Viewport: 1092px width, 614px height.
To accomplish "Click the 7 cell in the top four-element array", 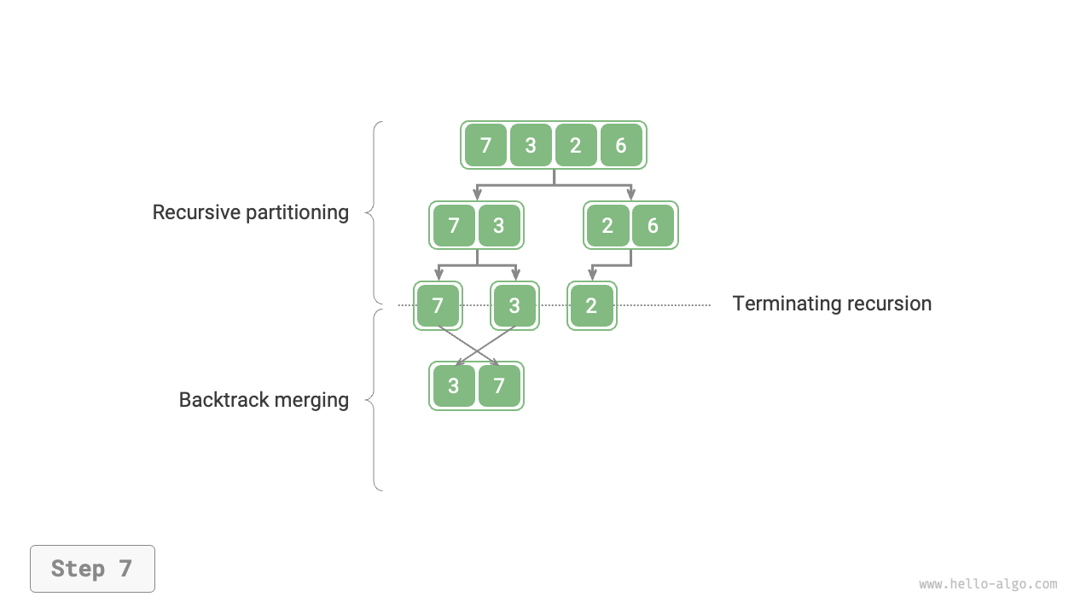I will [485, 145].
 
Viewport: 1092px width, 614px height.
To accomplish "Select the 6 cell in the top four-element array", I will [621, 145].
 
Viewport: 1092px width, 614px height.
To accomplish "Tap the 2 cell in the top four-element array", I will [576, 145].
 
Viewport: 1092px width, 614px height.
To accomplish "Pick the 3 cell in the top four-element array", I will [531, 145].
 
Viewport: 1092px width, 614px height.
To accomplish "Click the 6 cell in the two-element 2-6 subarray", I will [653, 225].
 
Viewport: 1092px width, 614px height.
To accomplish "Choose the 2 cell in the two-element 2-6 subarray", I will [607, 225].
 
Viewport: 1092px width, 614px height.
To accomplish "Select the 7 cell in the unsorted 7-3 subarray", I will [454, 225].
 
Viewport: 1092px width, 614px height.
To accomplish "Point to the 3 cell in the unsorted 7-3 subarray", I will [499, 225].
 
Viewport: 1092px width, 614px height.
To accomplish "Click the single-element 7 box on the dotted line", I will [438, 305].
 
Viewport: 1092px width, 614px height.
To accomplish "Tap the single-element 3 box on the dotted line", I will [514, 305].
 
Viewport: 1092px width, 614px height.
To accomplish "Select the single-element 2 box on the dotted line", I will [591, 305].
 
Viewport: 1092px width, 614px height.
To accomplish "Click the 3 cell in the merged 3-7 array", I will [454, 385].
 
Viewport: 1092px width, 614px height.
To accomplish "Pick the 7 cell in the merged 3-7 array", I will [499, 385].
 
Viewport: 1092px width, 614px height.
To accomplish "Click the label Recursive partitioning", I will [250, 212].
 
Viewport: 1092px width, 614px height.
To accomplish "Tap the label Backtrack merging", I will [264, 400].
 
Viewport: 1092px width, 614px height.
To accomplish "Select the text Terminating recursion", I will [832, 304].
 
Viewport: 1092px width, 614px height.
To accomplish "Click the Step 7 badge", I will [92, 569].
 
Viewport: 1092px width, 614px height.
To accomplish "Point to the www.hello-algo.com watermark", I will [988, 584].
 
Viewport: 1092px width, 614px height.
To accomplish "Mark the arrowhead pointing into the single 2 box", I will [591, 275].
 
